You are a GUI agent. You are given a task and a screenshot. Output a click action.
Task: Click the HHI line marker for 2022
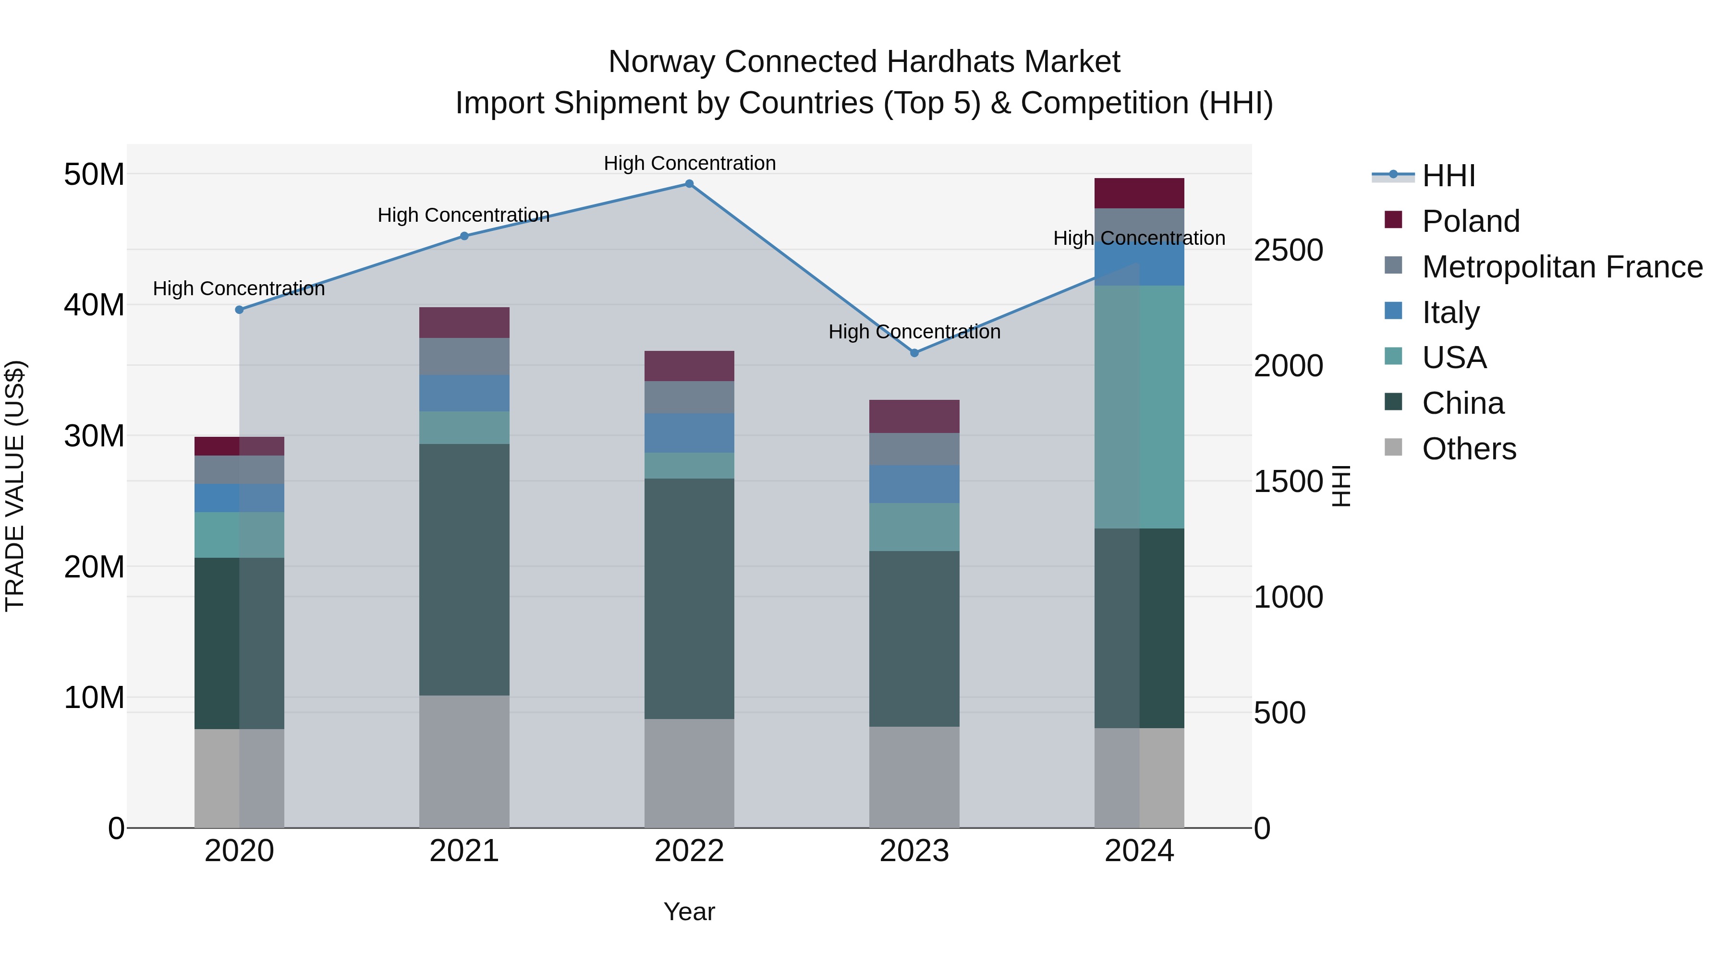689,184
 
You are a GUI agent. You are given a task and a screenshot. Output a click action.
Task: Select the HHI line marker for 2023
914,353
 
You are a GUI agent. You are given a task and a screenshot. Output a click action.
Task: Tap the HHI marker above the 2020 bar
239,310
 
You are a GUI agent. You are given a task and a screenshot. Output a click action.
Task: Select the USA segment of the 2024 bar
1139,407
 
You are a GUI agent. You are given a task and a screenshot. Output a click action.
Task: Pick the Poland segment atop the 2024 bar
1139,193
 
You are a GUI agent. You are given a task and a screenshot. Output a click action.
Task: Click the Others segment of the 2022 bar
689,773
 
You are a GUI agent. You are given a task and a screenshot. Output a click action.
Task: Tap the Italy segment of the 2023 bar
914,484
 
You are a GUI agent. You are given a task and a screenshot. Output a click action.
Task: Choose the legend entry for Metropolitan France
1562,266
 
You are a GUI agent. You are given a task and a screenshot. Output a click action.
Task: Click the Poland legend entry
1470,221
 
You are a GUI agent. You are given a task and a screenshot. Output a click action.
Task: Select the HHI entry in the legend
1449,176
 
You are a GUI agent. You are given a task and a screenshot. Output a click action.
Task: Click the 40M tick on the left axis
94,305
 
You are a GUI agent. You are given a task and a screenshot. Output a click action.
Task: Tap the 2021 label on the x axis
464,851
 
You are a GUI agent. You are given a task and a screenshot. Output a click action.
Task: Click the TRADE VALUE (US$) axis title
15,486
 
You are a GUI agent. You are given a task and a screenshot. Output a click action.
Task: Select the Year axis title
689,912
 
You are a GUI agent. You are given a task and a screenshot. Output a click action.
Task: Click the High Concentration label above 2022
689,163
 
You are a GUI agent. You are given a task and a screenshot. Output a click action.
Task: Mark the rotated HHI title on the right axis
1340,486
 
